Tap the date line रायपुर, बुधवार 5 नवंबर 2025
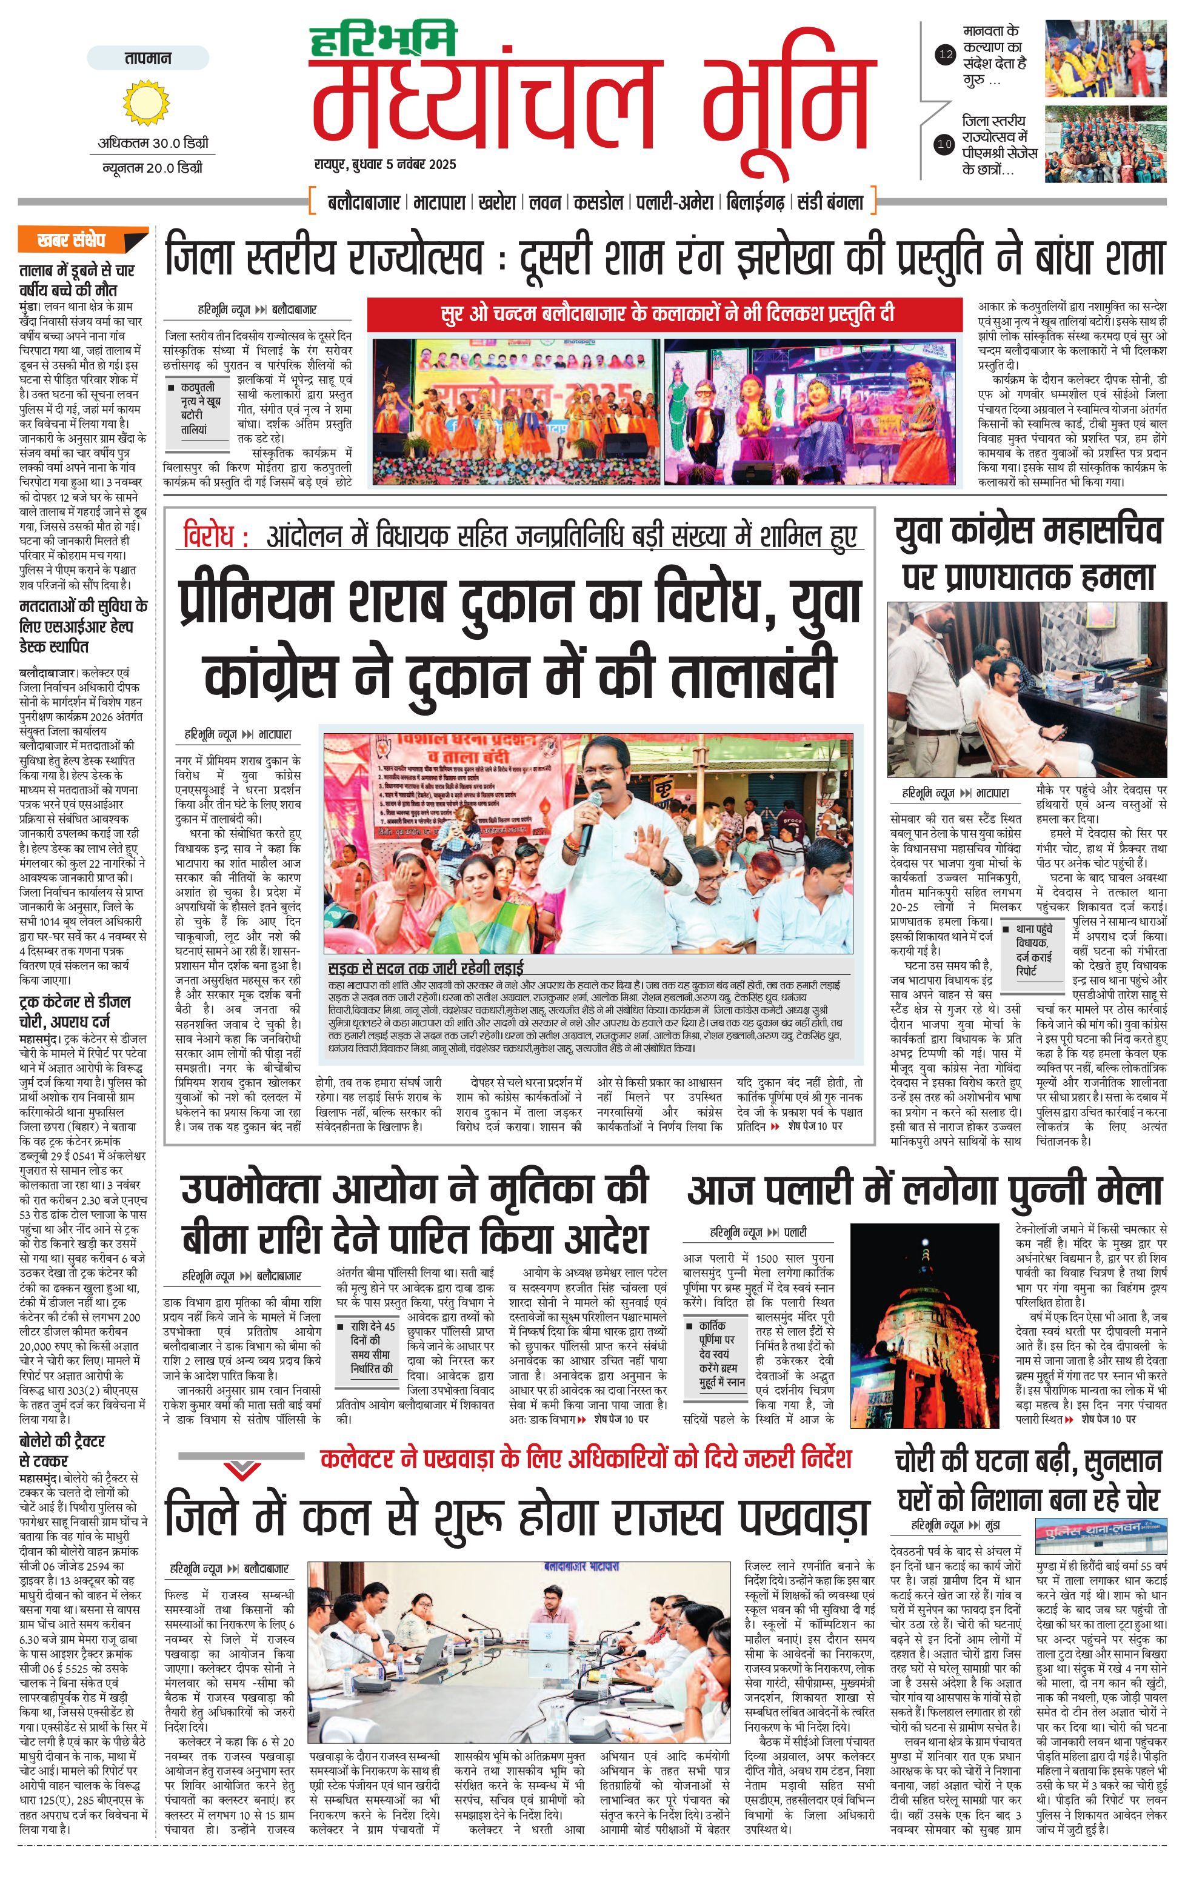click(x=385, y=165)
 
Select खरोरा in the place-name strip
click(x=497, y=203)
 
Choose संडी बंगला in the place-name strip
click(x=830, y=203)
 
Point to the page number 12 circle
click(x=946, y=55)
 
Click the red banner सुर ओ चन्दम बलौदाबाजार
click(x=667, y=314)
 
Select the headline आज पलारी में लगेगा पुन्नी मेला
click(x=924, y=1191)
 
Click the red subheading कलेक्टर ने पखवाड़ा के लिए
click(x=586, y=1458)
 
